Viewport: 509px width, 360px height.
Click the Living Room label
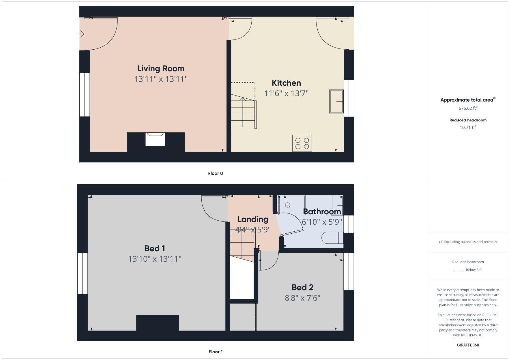[161, 69]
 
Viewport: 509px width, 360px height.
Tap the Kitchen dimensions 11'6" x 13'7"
[286, 93]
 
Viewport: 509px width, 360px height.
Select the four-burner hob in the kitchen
[302, 143]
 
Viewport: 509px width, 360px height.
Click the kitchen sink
[336, 101]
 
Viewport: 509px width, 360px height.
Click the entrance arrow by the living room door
[81, 34]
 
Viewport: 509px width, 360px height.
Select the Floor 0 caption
[215, 173]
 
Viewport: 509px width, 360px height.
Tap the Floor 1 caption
[215, 352]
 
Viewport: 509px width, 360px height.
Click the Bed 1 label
[155, 248]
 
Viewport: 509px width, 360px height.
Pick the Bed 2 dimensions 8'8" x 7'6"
[302, 298]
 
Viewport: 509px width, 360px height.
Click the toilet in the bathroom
[332, 238]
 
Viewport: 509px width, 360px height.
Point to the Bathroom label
[322, 212]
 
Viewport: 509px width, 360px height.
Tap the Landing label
[253, 219]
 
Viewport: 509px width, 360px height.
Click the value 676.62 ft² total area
[468, 108]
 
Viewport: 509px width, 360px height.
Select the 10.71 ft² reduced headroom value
[468, 127]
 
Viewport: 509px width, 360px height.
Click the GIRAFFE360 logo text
[468, 345]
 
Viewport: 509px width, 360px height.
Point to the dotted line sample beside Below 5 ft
[459, 270]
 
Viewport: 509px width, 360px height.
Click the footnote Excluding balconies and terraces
[468, 242]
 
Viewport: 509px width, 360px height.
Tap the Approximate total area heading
[468, 100]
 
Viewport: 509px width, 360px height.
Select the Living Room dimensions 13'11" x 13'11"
[161, 79]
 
